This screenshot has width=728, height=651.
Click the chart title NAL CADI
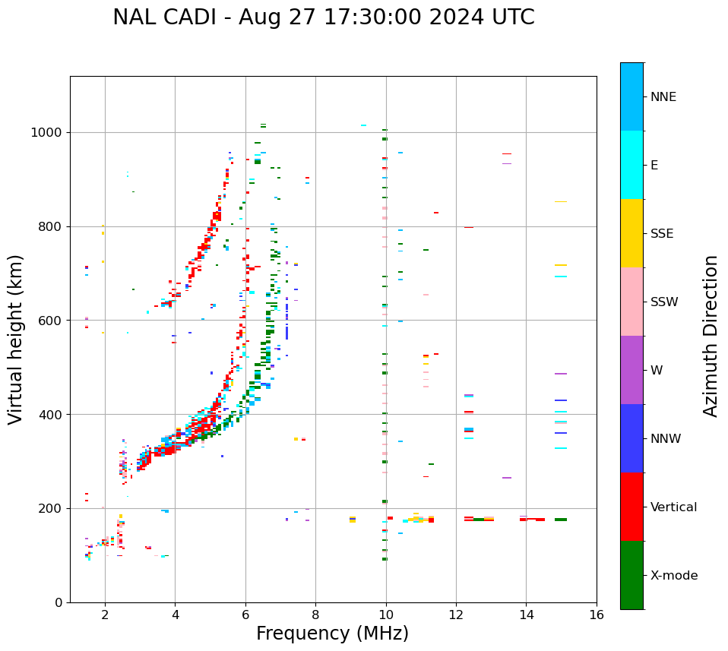167,17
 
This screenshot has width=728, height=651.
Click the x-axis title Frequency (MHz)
332,634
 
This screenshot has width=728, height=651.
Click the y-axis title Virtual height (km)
16,339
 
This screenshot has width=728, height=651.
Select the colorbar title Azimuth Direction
711,336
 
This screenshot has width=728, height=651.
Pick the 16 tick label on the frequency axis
597,615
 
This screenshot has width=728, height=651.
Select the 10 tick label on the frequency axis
386,615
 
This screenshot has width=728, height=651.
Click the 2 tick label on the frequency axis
105,615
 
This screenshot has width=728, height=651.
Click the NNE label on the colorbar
663,97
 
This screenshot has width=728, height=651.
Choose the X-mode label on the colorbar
673,576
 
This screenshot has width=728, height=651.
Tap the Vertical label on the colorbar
673,507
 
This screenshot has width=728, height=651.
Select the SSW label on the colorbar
664,302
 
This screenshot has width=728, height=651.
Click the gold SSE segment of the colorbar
631,233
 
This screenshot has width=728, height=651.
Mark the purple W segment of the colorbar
631,370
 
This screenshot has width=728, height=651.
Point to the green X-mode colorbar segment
631,575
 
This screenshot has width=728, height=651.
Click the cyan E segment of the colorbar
631,165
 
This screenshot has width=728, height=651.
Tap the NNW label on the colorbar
666,439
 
